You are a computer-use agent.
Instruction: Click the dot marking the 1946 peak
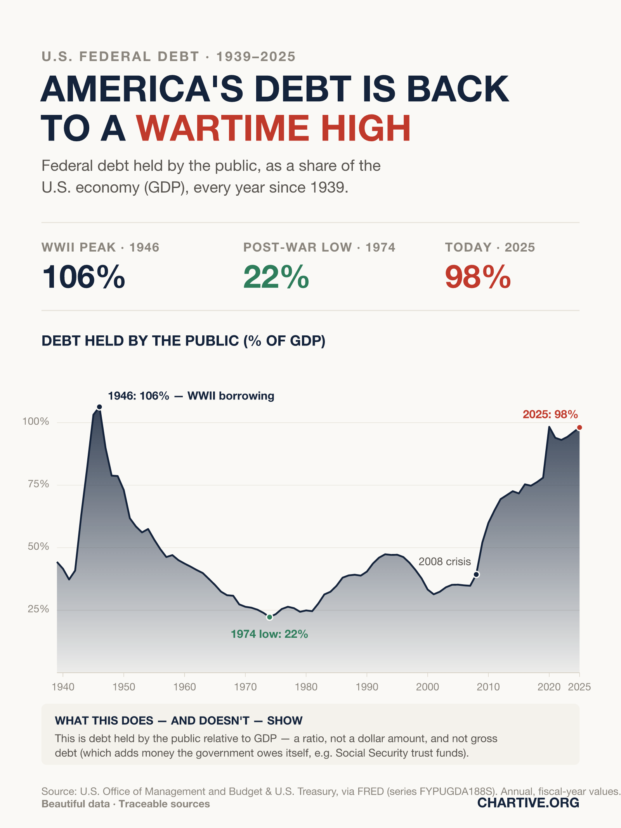tap(99, 407)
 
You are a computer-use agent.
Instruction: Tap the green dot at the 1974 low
tap(270, 617)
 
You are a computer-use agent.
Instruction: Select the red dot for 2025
tap(579, 427)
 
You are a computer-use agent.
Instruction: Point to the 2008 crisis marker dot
tap(477, 575)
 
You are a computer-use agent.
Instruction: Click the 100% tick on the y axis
tap(36, 422)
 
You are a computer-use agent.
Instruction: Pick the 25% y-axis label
tap(38, 609)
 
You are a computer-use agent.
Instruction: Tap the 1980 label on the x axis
tap(306, 687)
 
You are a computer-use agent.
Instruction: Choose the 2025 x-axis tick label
tap(579, 687)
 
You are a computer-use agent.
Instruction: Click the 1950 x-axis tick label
tap(124, 687)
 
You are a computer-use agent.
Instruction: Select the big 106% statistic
tap(83, 277)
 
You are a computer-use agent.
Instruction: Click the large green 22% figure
tap(276, 277)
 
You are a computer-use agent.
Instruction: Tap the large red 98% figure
tap(478, 277)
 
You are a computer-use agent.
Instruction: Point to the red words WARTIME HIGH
tap(273, 128)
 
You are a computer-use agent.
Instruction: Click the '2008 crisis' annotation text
tap(445, 561)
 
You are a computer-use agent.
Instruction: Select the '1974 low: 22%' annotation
tap(269, 634)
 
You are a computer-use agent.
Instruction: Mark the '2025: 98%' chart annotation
tap(550, 414)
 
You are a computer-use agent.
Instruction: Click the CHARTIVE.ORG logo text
tap(528, 802)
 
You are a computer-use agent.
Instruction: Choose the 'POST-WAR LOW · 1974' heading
tap(319, 247)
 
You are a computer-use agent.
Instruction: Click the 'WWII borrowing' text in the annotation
tap(231, 396)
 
